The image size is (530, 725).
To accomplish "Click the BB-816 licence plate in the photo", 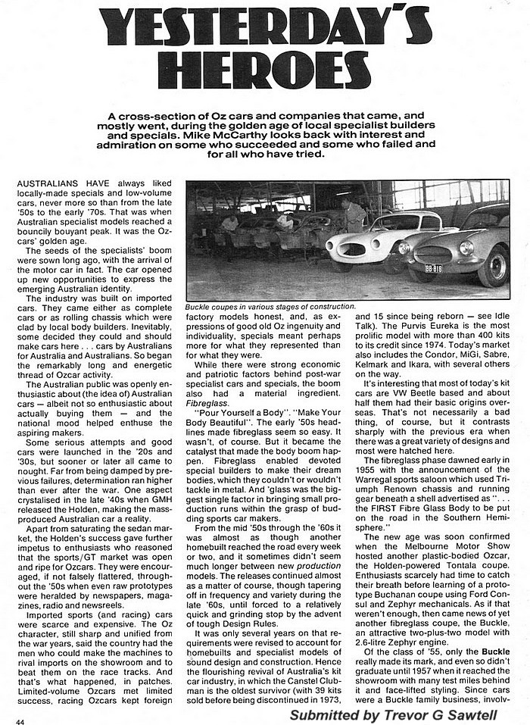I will [433, 268].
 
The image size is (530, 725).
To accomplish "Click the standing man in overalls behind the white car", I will [354, 215].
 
